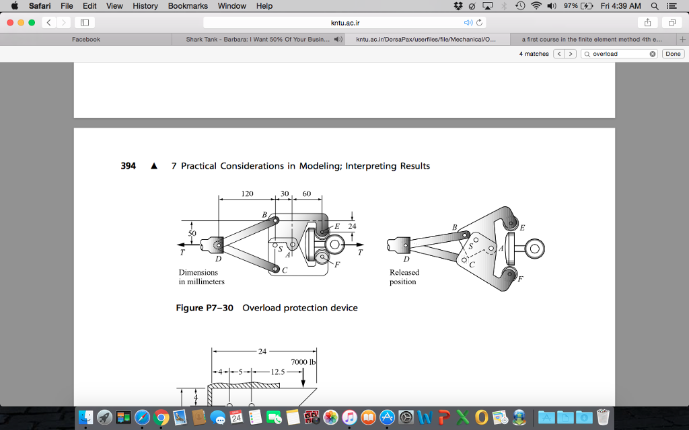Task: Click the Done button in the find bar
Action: pos(673,54)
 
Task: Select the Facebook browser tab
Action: pos(86,40)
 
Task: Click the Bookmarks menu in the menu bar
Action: pos(188,6)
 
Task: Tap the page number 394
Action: pos(129,166)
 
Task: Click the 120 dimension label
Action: pos(247,193)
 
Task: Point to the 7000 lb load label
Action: pos(303,362)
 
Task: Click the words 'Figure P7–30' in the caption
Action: pos(205,308)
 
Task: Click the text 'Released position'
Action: pos(404,277)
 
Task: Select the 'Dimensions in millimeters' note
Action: pos(201,277)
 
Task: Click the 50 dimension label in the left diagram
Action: pos(192,233)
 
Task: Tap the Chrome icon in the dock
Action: pos(161,417)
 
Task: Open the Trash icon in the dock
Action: pos(603,417)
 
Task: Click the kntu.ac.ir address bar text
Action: pos(345,23)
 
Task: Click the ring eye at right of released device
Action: pos(534,249)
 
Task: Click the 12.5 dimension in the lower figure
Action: pos(277,372)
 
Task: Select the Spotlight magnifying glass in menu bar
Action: pos(654,6)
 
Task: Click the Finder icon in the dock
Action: pos(85,417)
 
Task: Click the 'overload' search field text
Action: pos(605,54)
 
